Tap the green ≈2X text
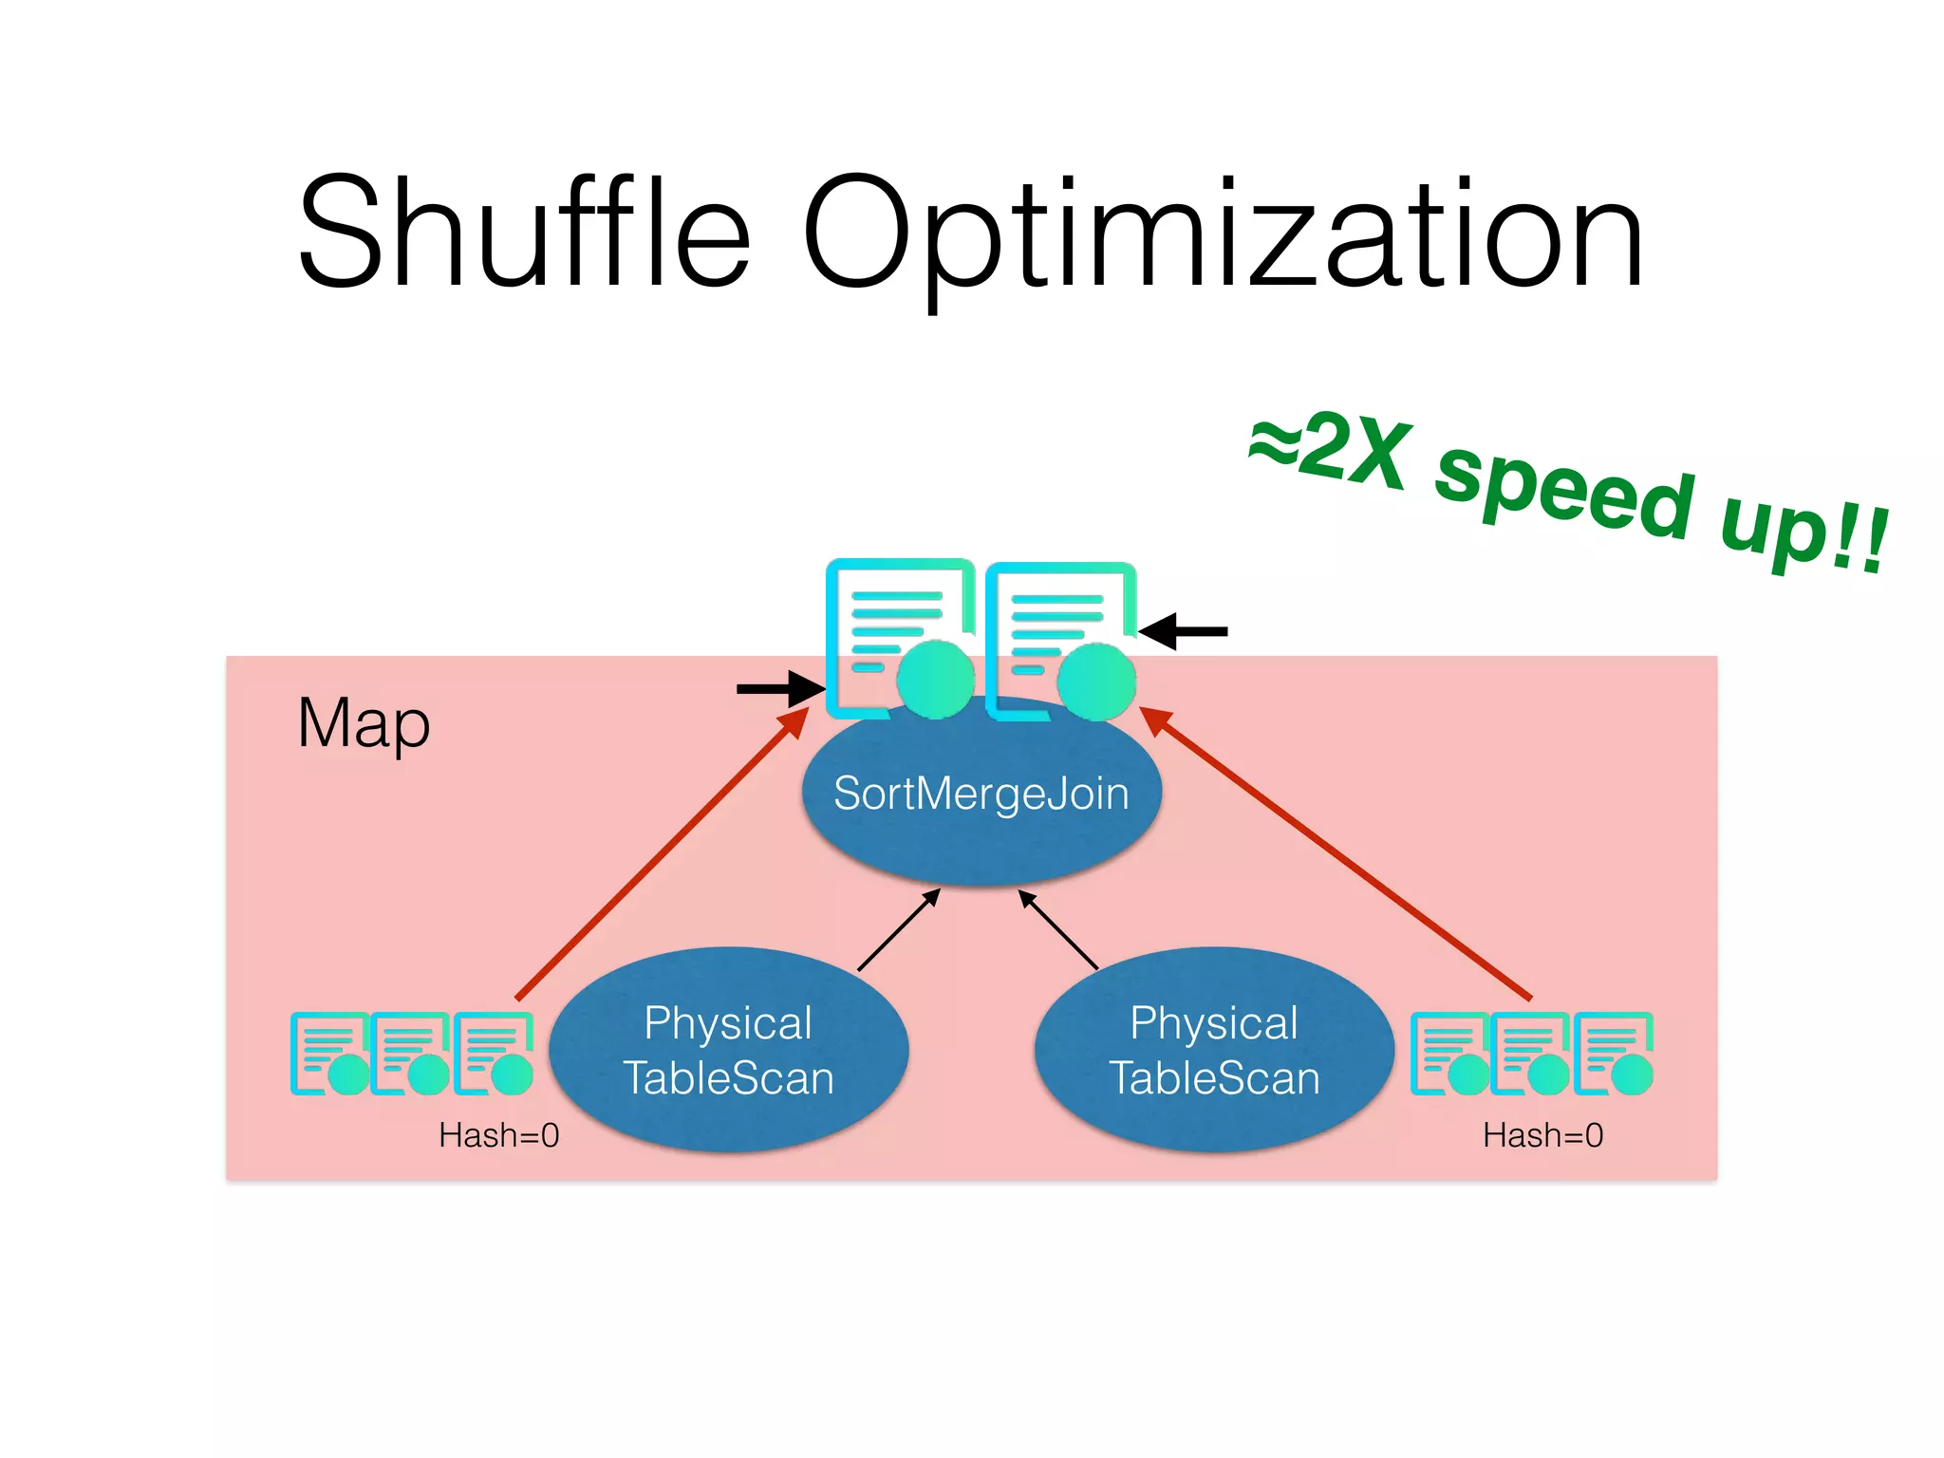tap(1329, 450)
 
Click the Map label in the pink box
tap(364, 724)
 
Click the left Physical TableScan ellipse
tap(728, 1050)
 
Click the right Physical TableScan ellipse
tap(1214, 1050)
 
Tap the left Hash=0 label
tap(498, 1135)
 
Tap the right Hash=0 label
tap(1542, 1135)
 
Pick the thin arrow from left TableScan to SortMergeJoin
tap(898, 930)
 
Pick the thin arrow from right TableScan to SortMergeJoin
tap(1058, 929)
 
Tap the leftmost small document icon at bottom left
tap(327, 1054)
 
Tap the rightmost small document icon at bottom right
tap(1614, 1054)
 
